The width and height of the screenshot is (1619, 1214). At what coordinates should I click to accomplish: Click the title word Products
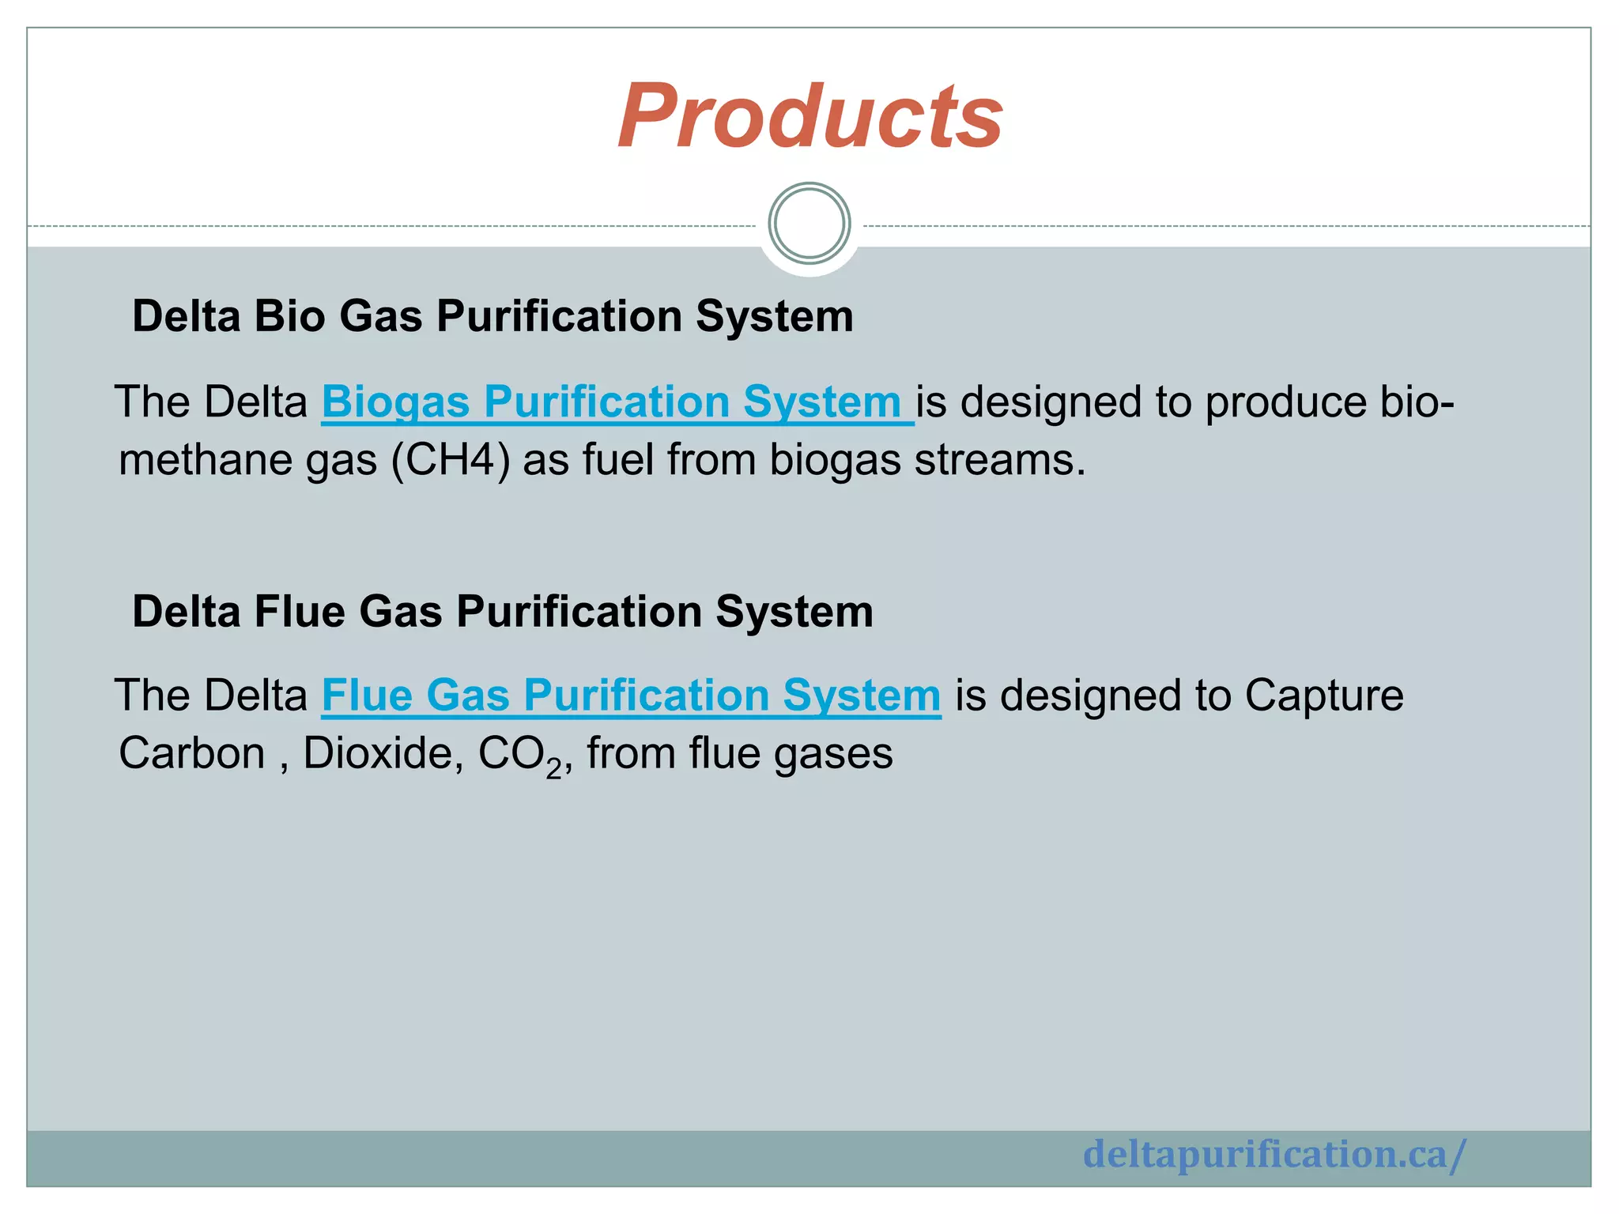pyautogui.click(x=809, y=116)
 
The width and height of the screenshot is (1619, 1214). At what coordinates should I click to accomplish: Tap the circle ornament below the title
pyautogui.click(x=809, y=224)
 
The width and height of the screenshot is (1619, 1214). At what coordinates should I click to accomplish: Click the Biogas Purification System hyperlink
pyautogui.click(x=617, y=402)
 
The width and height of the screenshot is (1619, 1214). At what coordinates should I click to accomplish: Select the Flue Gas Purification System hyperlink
pyautogui.click(x=631, y=696)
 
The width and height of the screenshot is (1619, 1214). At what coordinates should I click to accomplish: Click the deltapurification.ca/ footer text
pyautogui.click(x=1274, y=1154)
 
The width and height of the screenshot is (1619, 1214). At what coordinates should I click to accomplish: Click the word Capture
pyautogui.click(x=1324, y=696)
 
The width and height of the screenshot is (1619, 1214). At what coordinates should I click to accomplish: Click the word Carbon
pyautogui.click(x=191, y=753)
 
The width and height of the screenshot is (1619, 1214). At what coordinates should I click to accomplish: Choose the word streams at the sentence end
pyautogui.click(x=1000, y=460)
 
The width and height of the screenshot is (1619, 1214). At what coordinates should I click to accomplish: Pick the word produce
pyautogui.click(x=1285, y=402)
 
